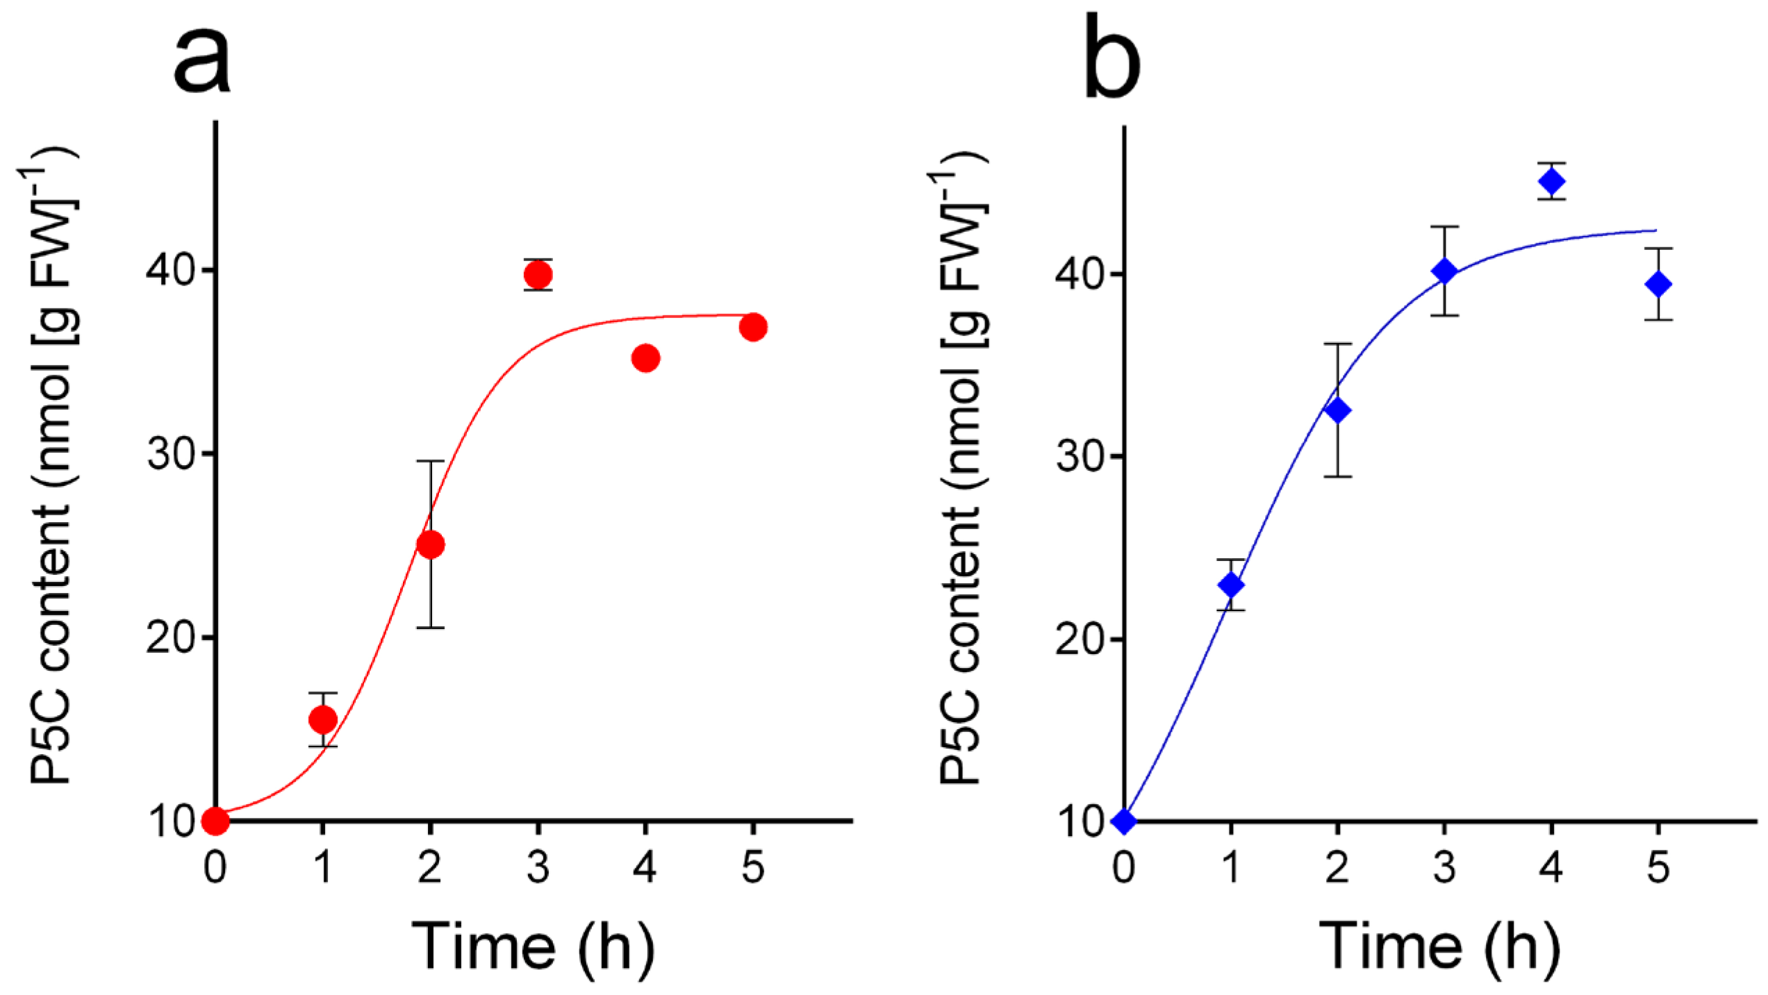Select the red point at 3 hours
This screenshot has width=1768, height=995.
click(x=538, y=275)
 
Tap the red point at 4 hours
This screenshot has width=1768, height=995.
click(x=646, y=358)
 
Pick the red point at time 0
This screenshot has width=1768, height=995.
click(x=215, y=821)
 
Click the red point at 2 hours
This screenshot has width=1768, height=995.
click(x=431, y=545)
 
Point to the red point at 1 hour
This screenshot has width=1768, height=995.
click(x=323, y=719)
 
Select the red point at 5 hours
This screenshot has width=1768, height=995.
click(x=753, y=327)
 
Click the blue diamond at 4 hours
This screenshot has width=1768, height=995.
click(x=1552, y=182)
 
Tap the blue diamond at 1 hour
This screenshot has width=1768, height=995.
click(x=1232, y=585)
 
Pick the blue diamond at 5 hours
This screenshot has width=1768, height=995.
click(x=1658, y=284)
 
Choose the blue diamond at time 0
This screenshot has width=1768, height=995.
click(x=1124, y=821)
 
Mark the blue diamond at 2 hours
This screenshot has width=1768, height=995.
click(x=1338, y=410)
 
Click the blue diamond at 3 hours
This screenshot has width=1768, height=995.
click(x=1445, y=271)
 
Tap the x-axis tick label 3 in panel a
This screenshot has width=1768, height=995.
click(x=538, y=868)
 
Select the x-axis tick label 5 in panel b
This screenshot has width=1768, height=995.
click(x=1658, y=868)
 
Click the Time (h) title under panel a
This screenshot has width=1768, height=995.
click(x=534, y=947)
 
